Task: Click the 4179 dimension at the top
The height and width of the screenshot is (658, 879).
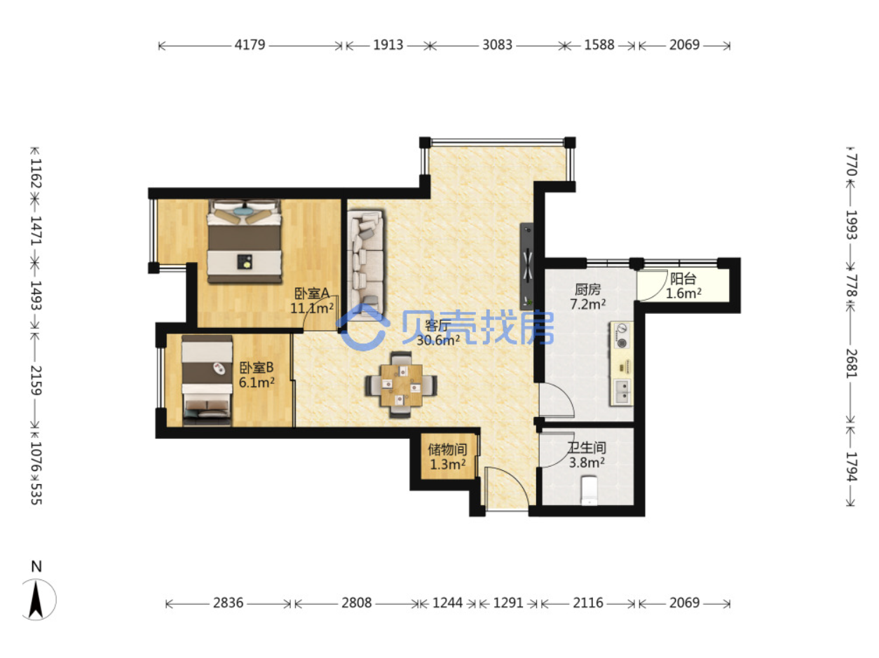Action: (250, 45)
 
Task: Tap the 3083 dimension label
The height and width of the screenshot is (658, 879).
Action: (497, 45)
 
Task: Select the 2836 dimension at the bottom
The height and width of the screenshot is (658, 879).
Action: (228, 603)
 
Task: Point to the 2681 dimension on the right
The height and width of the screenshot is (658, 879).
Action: (851, 364)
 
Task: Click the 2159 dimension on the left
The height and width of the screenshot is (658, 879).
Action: (36, 381)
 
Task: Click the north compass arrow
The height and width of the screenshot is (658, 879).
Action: (36, 599)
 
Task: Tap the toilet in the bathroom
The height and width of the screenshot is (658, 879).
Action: (589, 490)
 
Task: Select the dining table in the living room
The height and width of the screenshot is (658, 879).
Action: (401, 385)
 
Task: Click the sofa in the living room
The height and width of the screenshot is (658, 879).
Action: (365, 263)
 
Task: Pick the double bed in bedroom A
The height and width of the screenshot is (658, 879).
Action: (244, 241)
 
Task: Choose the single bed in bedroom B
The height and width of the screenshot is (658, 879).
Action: (207, 381)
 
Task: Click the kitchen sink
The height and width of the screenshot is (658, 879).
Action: (622, 392)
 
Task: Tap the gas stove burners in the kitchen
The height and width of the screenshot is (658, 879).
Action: (622, 335)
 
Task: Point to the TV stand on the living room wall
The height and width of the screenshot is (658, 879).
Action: (526, 266)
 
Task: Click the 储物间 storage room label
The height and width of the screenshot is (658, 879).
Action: (447, 449)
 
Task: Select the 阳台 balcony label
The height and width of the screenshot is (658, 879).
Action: (683, 279)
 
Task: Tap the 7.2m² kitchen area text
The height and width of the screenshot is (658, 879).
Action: (587, 304)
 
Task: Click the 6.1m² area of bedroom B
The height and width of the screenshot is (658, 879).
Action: (257, 382)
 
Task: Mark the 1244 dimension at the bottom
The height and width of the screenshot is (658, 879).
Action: (447, 603)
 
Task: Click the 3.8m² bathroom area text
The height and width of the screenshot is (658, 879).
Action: (587, 462)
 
